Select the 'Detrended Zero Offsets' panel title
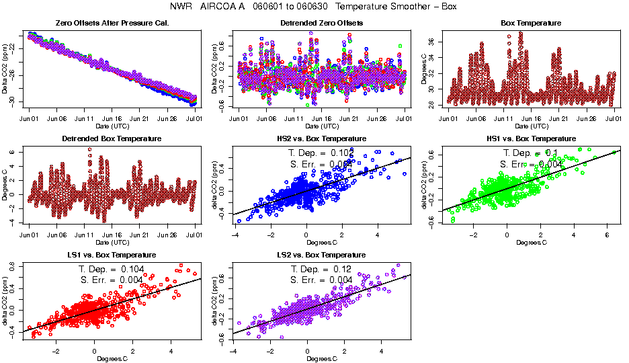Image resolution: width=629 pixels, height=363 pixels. coord(321,24)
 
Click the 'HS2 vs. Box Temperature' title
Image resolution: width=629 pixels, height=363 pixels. coord(321,139)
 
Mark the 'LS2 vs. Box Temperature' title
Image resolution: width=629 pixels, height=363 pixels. coord(321,255)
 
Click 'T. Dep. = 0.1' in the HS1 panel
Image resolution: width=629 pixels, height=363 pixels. coord(531,153)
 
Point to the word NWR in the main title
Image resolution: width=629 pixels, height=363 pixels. coord(183,7)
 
